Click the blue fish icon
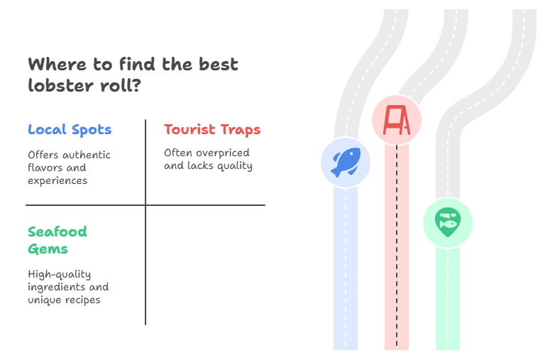pyautogui.click(x=346, y=162)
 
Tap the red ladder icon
pyautogui.click(x=397, y=120)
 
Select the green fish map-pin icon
pyautogui.click(x=448, y=222)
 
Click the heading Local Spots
pyautogui.click(x=70, y=130)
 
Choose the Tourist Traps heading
pyautogui.click(x=212, y=130)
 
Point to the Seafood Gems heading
pyautogui.click(x=57, y=240)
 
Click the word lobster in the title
pyautogui.click(x=60, y=85)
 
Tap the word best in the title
pyautogui.click(x=218, y=64)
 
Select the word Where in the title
pyautogui.click(x=57, y=64)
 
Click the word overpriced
pyautogui.click(x=223, y=153)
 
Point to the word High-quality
pyautogui.click(x=59, y=274)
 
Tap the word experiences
pyautogui.click(x=57, y=180)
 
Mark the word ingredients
pyautogui.click(x=57, y=287)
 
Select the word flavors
pyautogui.click(x=42, y=168)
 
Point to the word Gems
pyautogui.click(x=48, y=249)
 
